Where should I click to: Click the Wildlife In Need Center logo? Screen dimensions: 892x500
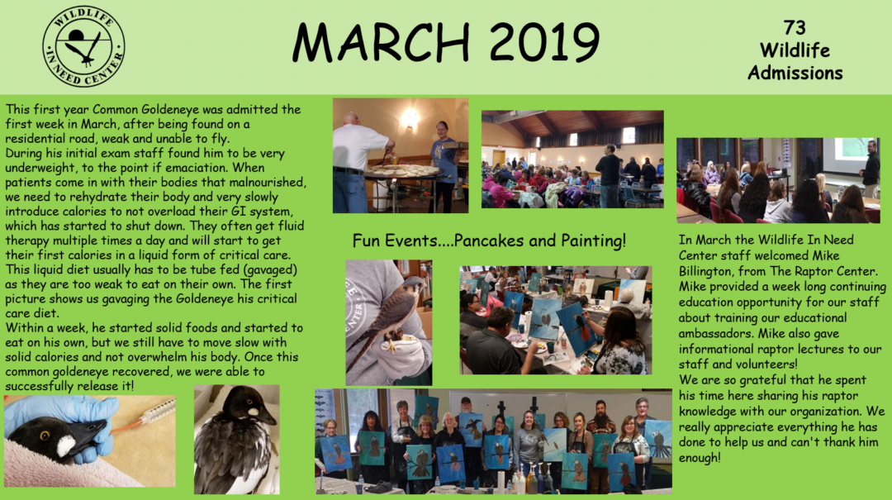83,46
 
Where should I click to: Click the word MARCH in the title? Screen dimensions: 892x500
381,43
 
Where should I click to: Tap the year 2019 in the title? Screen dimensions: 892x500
544,43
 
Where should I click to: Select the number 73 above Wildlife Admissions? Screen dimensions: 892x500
795,27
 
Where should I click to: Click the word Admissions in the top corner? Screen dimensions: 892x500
795,73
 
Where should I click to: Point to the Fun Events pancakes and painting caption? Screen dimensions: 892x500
489,240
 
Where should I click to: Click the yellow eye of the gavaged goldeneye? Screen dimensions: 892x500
44,436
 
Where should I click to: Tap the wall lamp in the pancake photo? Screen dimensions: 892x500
409,118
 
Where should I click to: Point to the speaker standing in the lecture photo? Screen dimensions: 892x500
870,169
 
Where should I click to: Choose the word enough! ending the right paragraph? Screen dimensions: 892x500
700,458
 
